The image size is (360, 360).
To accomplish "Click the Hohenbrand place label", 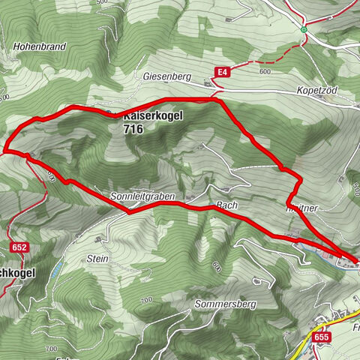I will click(40, 46).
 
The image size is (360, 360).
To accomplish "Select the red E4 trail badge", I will click(220, 72).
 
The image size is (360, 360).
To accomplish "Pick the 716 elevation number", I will click(133, 129).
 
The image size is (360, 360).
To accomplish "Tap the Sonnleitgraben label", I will click(142, 196).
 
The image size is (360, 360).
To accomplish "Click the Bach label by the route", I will click(226, 204).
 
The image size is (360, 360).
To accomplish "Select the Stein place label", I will click(97, 258).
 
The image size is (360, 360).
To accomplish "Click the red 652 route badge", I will click(19, 247).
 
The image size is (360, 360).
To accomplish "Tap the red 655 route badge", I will click(322, 337).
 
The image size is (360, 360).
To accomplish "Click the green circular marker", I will click(304, 30).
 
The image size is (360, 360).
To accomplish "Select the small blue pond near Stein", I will click(55, 269).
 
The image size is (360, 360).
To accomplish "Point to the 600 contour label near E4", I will click(263, 71).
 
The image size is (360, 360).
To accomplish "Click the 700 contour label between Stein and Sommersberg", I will click(146, 300).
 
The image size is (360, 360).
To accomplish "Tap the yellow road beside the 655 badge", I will click(303, 347).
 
